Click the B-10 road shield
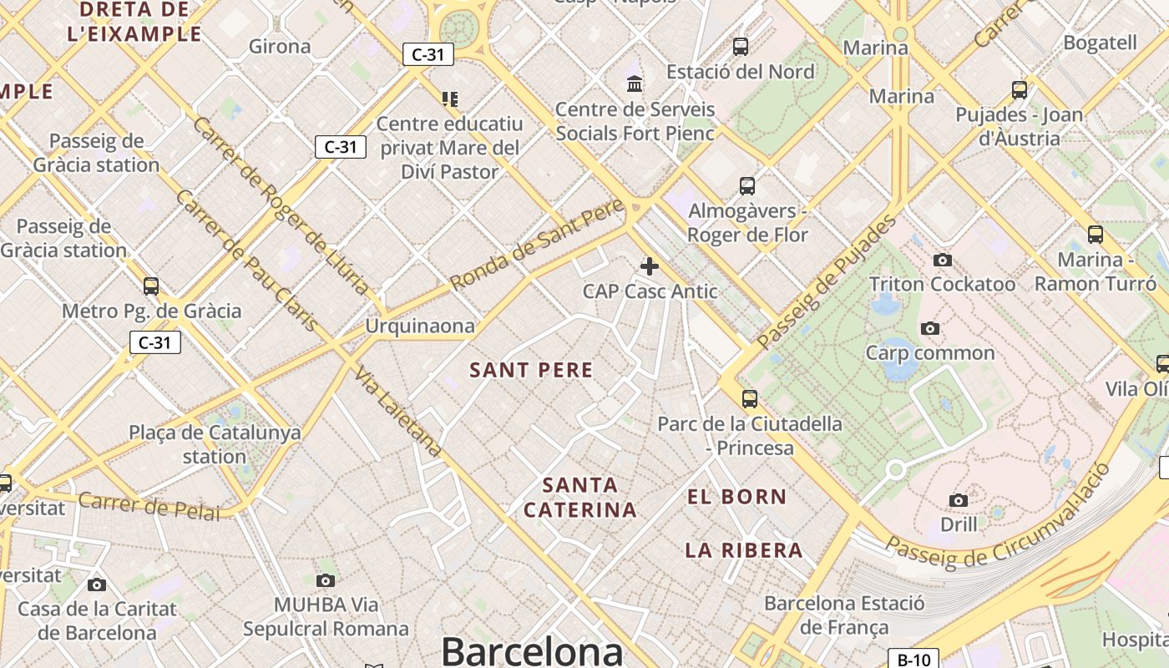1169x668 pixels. coord(913,660)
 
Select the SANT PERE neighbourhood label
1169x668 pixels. coord(531,370)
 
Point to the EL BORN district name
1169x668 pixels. coord(736,497)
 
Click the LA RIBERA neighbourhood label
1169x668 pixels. coord(744,550)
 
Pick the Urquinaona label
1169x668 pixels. coord(420,326)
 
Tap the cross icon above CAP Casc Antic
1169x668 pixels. coord(650,266)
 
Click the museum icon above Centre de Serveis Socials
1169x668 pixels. coord(635,84)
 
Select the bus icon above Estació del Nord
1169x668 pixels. coord(741,47)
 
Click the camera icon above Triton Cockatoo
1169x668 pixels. coord(943,260)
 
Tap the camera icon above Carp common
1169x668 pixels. coord(930,328)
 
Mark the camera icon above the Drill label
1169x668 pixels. coord(959,500)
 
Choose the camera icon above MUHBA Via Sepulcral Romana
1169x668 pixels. coord(326,580)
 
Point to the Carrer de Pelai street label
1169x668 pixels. coord(149,506)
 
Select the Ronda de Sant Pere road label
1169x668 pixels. coord(537,244)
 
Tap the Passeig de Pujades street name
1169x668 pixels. coord(827,281)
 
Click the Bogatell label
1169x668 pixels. coord(1101,43)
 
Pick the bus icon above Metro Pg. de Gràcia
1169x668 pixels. coord(151,286)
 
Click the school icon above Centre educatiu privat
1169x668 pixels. coord(450,99)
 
